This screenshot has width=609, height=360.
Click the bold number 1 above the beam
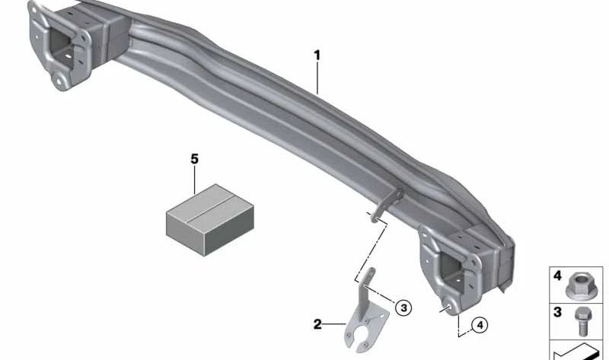317,56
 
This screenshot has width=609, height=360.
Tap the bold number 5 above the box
195,159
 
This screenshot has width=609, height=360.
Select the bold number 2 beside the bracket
317,324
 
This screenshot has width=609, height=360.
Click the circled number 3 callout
403,308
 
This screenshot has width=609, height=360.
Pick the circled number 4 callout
480,325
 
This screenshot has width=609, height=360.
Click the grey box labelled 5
210,219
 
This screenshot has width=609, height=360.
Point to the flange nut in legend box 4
579,286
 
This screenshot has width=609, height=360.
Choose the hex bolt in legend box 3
582,321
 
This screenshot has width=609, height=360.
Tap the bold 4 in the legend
557,276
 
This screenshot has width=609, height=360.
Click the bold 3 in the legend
557,312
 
